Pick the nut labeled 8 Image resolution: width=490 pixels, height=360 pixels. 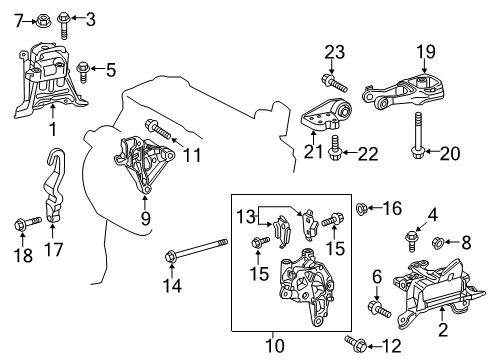pos(437,268)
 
